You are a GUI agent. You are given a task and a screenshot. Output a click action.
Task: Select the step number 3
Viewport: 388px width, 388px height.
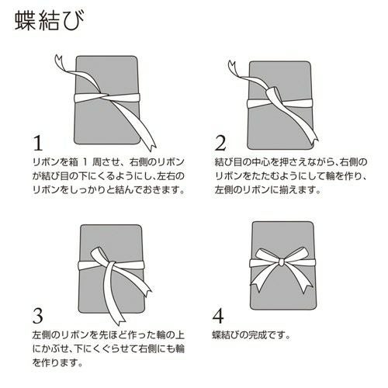coord(36,314)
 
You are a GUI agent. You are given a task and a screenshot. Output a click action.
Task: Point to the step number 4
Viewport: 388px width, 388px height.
coord(220,314)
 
